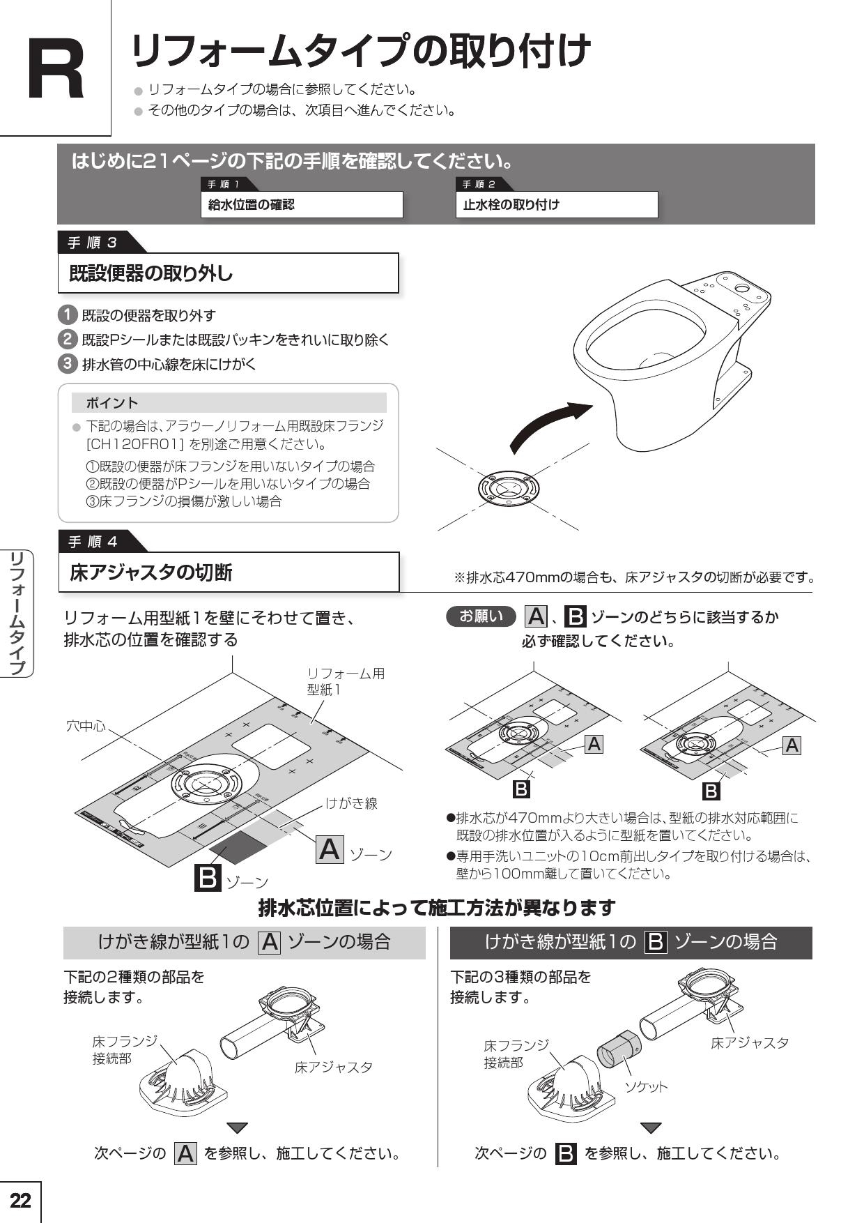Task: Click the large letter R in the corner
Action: coord(56,70)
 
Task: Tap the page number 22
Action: coord(20,1200)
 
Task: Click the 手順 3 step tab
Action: coord(93,243)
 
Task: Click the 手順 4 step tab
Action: coord(93,542)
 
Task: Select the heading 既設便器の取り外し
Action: coord(151,273)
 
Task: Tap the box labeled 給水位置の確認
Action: coord(301,205)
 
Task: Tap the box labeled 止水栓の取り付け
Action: coord(556,205)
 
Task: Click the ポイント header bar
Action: coord(229,403)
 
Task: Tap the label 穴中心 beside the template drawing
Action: coord(86,726)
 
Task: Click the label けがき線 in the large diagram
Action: coord(351,803)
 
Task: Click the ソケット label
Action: coord(645,1086)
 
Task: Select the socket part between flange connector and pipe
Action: coord(618,1049)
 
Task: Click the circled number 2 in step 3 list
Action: coord(67,340)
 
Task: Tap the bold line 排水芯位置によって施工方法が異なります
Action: coord(437,908)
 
